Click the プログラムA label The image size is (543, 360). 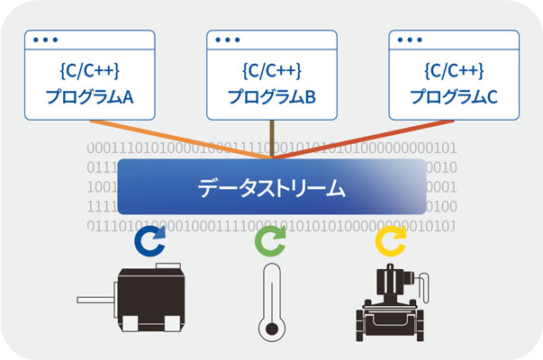(89, 96)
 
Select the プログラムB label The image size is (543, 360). (270, 96)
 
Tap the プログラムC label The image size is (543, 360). (452, 96)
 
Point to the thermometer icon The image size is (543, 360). (270, 301)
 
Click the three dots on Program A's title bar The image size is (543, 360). (43, 40)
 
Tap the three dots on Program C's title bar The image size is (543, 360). (406, 40)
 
